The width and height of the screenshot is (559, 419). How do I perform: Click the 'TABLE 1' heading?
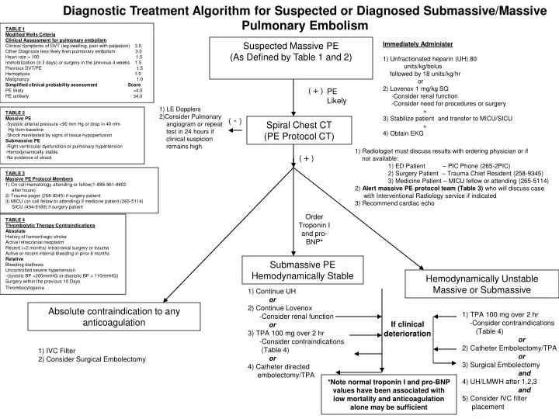click(15, 28)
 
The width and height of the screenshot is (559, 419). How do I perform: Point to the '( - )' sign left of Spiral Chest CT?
click(235, 121)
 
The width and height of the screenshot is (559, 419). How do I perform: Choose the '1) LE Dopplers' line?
click(180, 109)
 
